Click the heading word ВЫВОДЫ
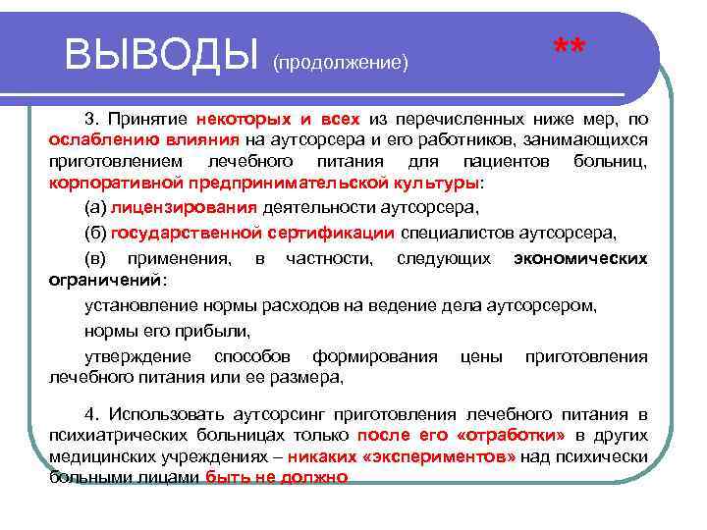163,54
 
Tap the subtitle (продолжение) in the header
340,63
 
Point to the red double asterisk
570,49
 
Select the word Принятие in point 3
152,120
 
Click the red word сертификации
331,233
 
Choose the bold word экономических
580,259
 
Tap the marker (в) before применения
96,259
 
